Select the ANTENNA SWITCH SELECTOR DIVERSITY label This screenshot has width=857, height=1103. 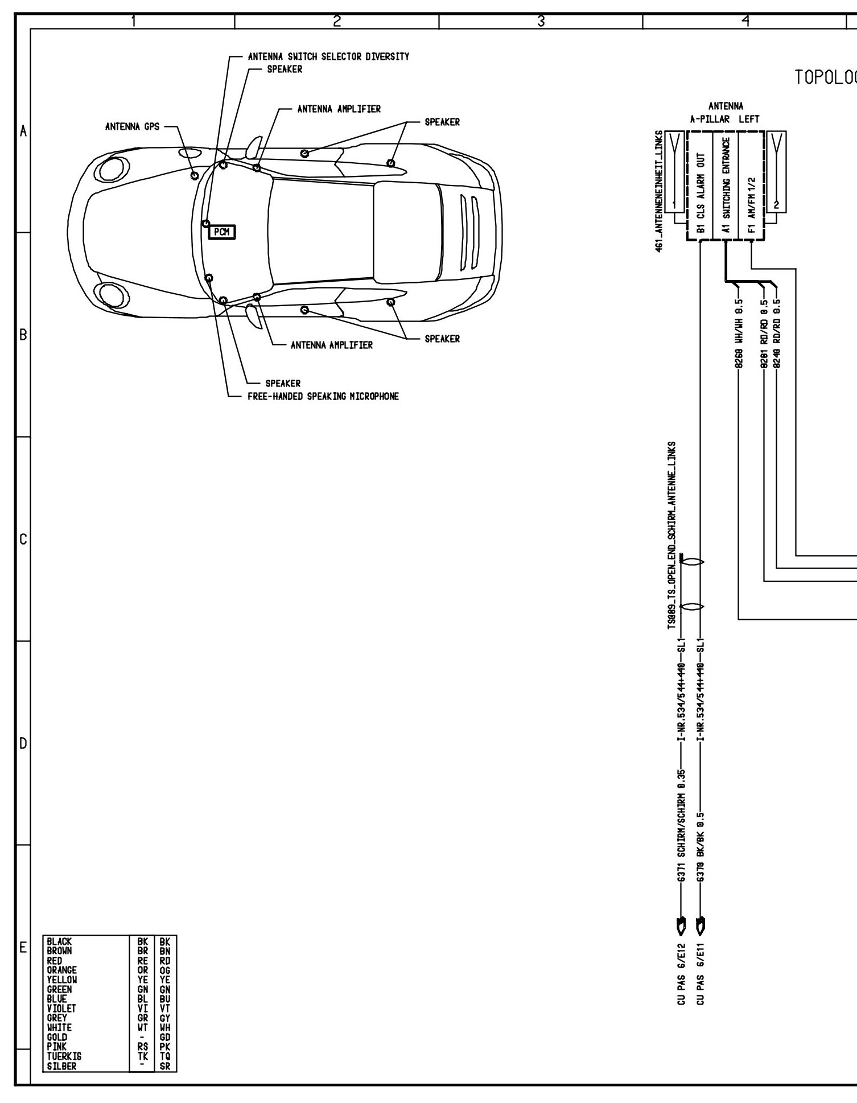tap(328, 57)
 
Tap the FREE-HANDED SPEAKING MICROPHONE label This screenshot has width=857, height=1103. tap(323, 396)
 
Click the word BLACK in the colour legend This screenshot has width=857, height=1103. tap(60, 942)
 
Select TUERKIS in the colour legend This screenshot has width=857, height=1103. tap(64, 1056)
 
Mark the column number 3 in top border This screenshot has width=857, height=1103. tap(541, 22)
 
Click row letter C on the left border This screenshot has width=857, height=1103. tap(23, 539)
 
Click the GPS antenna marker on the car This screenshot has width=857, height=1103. tap(195, 175)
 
